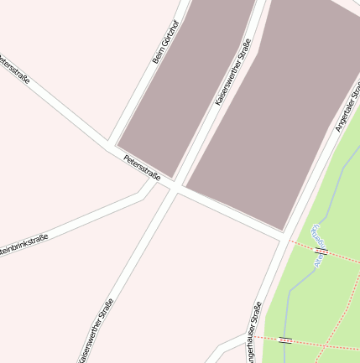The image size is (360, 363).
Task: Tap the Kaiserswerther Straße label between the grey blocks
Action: [233, 72]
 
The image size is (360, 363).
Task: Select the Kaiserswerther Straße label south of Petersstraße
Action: [96, 330]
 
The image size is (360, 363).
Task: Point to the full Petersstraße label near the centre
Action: [142, 167]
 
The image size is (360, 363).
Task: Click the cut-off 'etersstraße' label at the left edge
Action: [14, 70]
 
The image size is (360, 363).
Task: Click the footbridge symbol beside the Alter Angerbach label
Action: [321, 251]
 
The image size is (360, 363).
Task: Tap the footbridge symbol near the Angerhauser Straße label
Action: [285, 340]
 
